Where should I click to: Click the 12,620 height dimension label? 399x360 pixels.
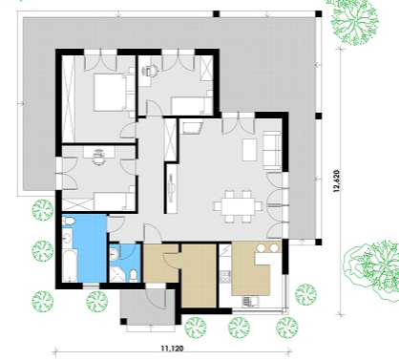pos(337,181)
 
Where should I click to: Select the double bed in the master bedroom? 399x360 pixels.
pos(110,93)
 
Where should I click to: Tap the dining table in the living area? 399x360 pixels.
pos(239,206)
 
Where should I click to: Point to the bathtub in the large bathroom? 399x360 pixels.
pos(70,265)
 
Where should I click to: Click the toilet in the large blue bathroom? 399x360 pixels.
pos(69,221)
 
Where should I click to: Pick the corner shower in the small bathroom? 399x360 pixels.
pos(116,275)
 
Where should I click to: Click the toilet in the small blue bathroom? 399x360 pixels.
pos(134,276)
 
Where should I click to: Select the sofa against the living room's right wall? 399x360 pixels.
pos(272,151)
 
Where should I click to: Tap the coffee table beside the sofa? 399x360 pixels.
pos(249,150)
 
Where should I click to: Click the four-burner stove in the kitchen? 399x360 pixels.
pos(226,277)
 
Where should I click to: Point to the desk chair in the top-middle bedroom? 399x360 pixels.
pos(152,71)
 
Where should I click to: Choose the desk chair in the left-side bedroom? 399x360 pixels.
pos(99,158)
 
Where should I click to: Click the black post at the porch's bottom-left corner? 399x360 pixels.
pos(123,321)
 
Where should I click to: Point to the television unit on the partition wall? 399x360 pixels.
pos(172,188)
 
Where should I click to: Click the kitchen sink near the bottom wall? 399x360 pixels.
pos(249,301)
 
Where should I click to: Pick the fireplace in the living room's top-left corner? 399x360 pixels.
pos(191,126)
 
